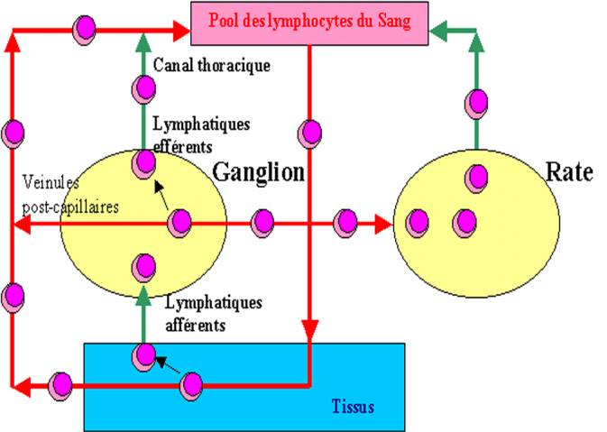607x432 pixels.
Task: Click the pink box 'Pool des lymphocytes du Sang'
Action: coord(309,21)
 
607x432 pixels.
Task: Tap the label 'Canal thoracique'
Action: coord(212,65)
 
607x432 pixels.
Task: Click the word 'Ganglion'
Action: coord(258,171)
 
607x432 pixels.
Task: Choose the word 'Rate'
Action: coord(569,171)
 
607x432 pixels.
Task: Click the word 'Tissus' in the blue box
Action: coord(349,406)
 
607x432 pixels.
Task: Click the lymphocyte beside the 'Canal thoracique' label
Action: coord(143,88)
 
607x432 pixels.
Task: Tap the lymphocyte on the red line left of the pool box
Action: coord(84,29)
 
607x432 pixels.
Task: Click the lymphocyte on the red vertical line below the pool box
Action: coord(309,133)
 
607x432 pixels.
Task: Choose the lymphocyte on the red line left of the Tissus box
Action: coord(60,385)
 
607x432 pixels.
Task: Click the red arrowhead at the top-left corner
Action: coord(13,40)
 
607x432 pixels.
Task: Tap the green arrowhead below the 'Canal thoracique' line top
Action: coord(143,40)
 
